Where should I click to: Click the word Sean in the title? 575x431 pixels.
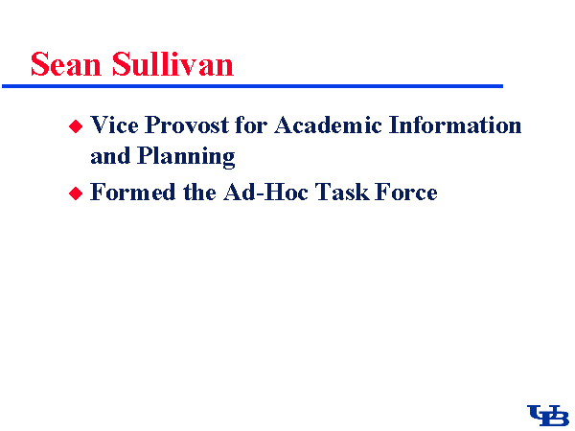66,64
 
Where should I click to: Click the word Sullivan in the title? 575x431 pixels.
172,64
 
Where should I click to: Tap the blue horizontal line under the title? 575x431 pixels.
252,86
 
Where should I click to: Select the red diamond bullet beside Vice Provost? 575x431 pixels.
76,126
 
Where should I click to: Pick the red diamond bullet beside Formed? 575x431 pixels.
76,193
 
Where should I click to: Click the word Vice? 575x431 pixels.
114,125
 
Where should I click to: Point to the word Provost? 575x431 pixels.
187,125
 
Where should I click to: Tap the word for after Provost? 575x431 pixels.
251,125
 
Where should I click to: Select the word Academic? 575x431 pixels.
328,125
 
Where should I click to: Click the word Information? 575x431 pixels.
455,125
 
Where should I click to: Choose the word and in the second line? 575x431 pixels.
110,155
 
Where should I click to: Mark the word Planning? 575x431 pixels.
186,157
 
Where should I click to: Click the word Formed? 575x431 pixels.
133,192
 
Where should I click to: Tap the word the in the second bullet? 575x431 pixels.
200,192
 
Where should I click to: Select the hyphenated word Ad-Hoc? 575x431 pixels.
265,192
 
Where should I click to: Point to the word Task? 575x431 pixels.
342,192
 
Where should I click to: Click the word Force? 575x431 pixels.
406,192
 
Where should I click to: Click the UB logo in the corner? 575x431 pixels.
548,416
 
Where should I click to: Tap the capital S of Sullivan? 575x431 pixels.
121,64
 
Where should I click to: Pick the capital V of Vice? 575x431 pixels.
100,125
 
